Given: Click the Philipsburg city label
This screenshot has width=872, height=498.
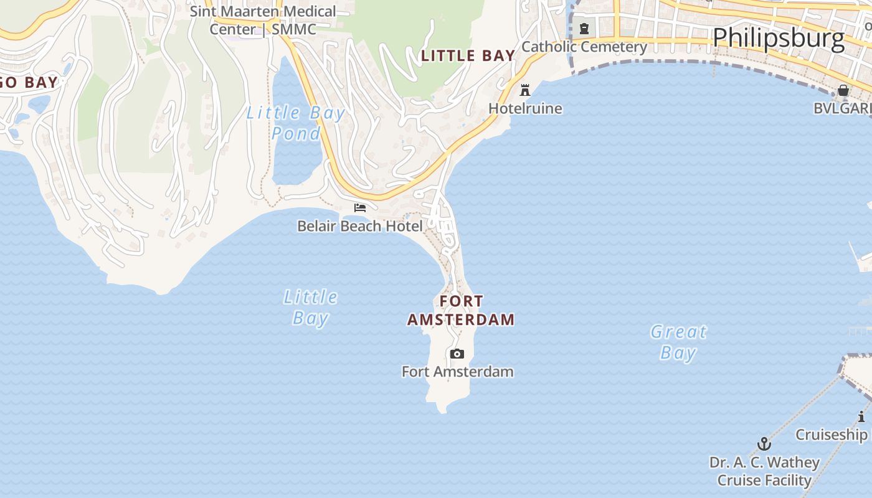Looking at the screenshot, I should (779, 39).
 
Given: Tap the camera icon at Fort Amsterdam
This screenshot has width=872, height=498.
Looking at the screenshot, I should (457, 354).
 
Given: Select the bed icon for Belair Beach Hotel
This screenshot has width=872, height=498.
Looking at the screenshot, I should (359, 208).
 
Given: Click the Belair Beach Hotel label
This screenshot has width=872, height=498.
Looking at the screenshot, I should (360, 226).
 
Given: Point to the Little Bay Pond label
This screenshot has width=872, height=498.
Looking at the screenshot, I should (296, 123).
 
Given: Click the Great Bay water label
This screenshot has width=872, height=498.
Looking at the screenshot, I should (678, 342).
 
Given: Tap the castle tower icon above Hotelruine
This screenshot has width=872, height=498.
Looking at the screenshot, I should (525, 90).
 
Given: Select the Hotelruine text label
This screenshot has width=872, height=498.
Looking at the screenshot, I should (525, 108).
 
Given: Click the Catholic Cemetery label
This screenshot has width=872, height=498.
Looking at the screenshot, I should (584, 47).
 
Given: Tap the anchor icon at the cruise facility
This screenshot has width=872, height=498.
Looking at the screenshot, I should (764, 444).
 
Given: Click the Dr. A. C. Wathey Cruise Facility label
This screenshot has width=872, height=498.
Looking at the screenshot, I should (764, 471).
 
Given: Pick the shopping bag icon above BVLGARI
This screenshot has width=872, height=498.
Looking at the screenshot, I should (843, 90).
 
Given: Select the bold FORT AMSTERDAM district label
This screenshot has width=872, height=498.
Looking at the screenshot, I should (461, 310).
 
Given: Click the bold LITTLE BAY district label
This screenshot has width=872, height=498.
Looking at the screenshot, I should (468, 56).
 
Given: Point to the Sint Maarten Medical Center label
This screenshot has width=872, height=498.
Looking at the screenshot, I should (263, 20).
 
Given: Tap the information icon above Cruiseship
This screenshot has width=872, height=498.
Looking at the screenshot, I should (861, 416).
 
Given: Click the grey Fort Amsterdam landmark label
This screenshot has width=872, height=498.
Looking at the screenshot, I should (457, 372).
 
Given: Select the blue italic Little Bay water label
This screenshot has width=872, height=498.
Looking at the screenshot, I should (310, 308).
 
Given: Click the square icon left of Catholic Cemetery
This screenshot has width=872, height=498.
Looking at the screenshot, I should (584, 29).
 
